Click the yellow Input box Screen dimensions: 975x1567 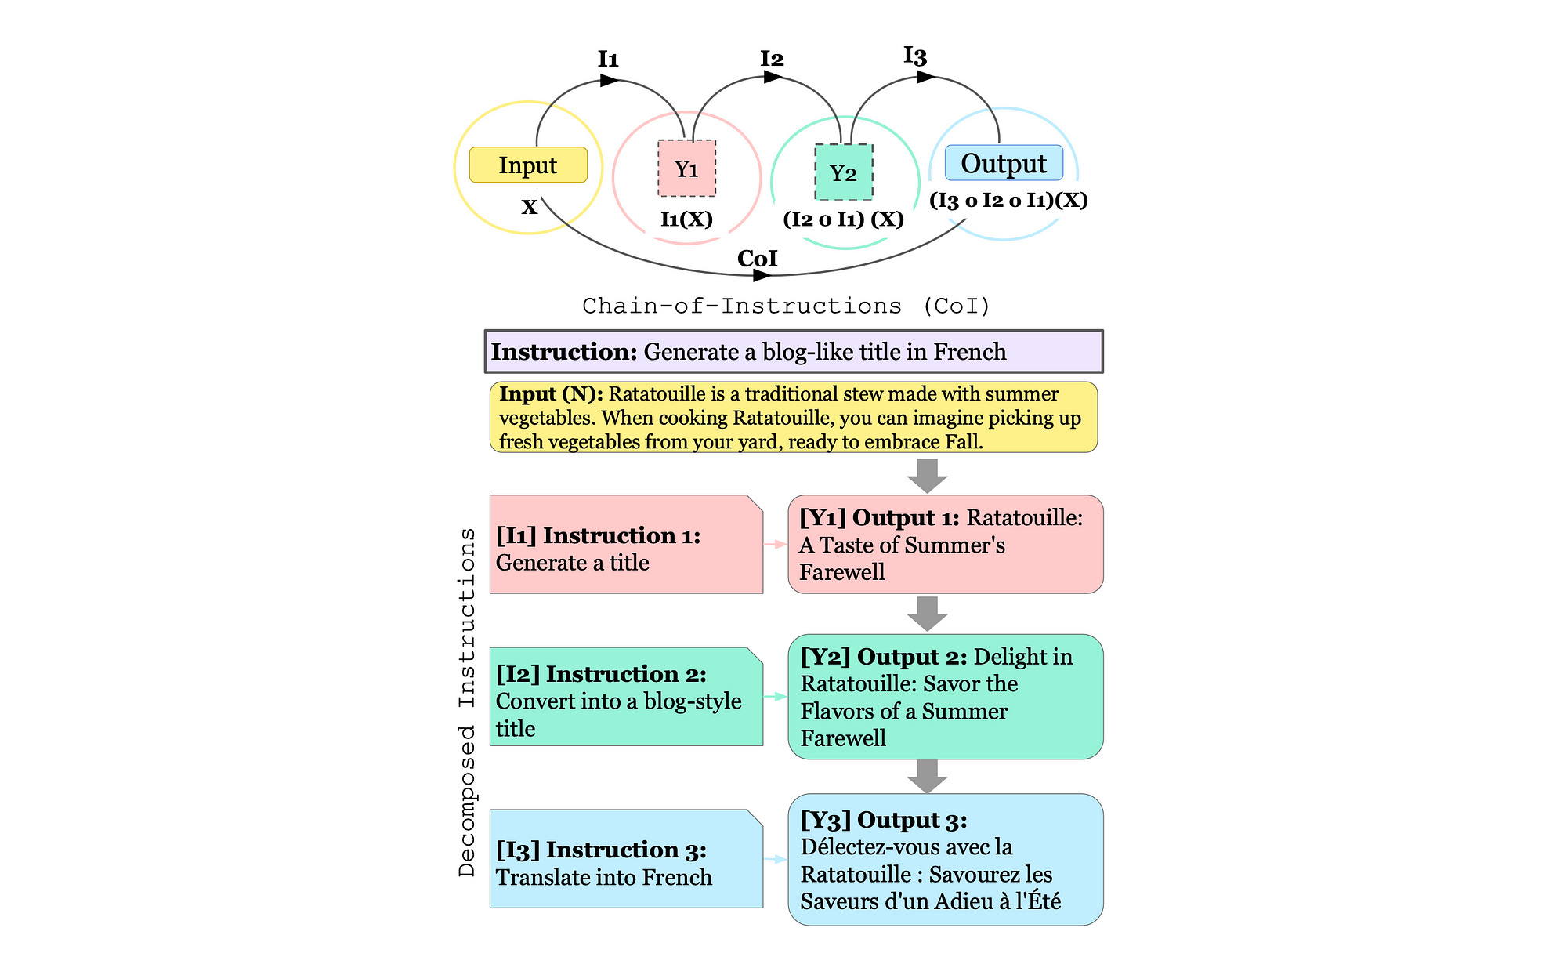point(528,165)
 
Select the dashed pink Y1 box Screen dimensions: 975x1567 point(686,169)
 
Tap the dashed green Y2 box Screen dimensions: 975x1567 point(844,172)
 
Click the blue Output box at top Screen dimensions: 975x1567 point(1004,163)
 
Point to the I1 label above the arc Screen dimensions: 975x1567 point(608,59)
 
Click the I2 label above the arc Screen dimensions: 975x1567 point(772,59)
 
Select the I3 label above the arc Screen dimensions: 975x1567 point(915,56)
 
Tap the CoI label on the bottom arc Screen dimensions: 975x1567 point(757,259)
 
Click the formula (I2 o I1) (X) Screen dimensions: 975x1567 point(844,219)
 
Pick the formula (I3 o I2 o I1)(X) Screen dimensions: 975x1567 point(1008,200)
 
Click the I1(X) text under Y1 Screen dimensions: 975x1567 point(686,219)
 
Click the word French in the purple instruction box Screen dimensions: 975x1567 point(969,352)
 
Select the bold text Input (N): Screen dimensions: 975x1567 point(551,394)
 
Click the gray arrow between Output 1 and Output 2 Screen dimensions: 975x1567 point(927,614)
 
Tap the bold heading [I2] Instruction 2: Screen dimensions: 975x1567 point(601,674)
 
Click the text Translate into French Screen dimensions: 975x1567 point(603,877)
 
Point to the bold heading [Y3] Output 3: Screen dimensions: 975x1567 point(884,820)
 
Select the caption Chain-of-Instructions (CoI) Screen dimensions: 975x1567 point(786,306)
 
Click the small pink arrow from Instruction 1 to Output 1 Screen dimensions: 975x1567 point(775,544)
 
